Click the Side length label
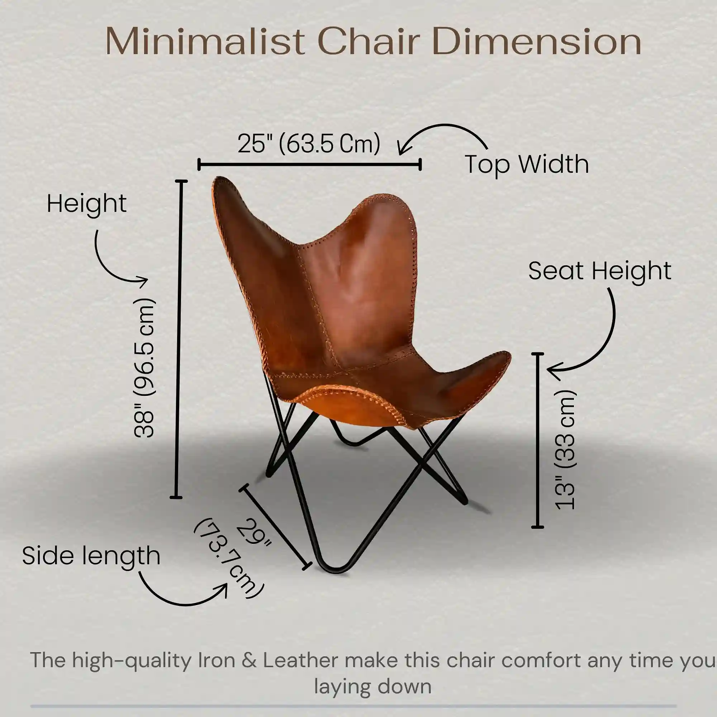click(91, 556)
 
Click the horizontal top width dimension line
click(309, 164)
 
